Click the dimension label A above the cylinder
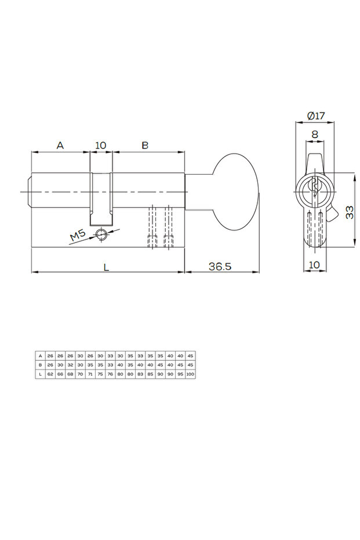pyautogui.click(x=60, y=146)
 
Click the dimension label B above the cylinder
pyautogui.click(x=145, y=146)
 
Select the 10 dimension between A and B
pyautogui.click(x=101, y=146)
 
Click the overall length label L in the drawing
pyautogui.click(x=106, y=267)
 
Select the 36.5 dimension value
pyautogui.click(x=220, y=266)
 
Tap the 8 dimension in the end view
pyautogui.click(x=315, y=135)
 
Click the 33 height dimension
pyautogui.click(x=350, y=212)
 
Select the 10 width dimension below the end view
pyautogui.click(x=315, y=265)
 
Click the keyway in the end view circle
pyautogui.click(x=315, y=190)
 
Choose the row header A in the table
pyautogui.click(x=40, y=356)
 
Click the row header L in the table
pyautogui.click(x=40, y=375)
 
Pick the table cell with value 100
pyautogui.click(x=190, y=375)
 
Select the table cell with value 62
pyautogui.click(x=50, y=375)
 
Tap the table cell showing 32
pyautogui.click(x=70, y=365)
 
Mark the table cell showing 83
pyautogui.click(x=140, y=375)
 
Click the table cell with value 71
pyautogui.click(x=90, y=375)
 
